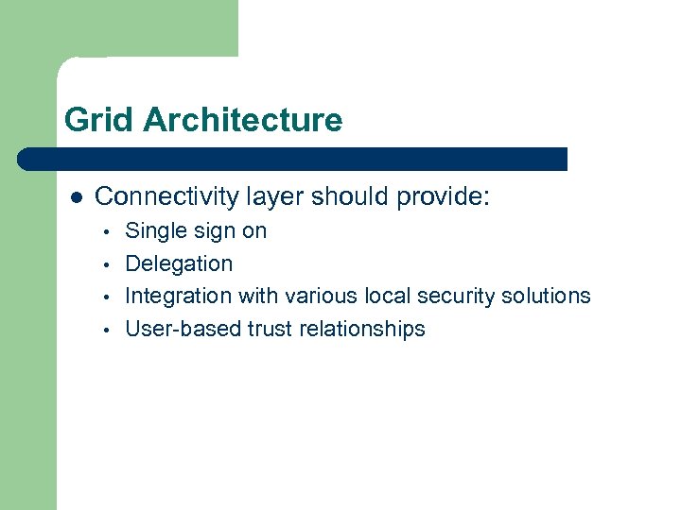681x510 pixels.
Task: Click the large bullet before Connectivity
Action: (x=77, y=197)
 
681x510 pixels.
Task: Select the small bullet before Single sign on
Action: (x=109, y=231)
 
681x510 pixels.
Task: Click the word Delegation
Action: (x=179, y=263)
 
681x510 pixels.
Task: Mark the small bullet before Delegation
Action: (x=109, y=264)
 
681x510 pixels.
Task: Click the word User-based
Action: (x=183, y=329)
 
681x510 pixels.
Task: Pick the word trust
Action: (x=271, y=329)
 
